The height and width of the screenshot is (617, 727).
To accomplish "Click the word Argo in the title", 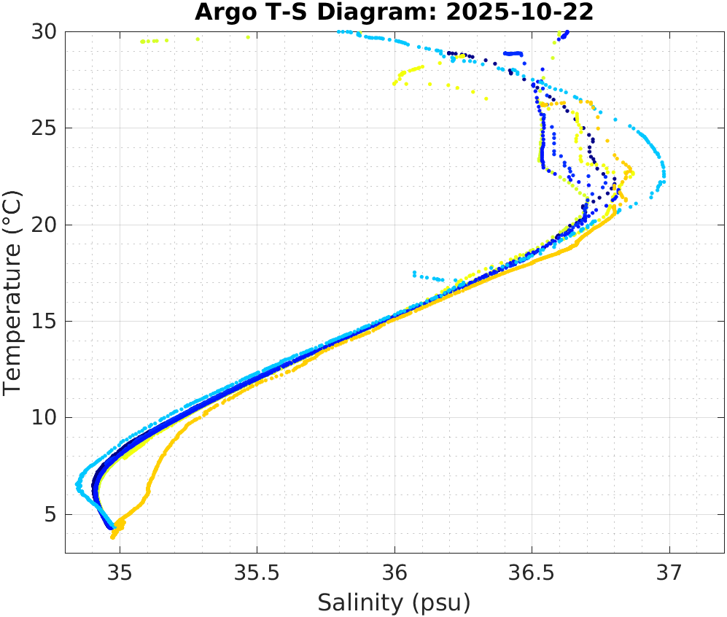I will pyautogui.click(x=220, y=12).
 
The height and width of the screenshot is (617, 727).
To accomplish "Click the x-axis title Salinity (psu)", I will pyautogui.click(x=394, y=602).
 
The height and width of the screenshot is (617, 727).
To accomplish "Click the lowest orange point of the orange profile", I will pyautogui.click(x=113, y=537).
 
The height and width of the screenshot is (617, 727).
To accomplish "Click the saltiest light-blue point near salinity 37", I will pyautogui.click(x=664, y=180).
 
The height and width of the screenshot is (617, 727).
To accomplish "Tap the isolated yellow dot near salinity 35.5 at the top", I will pyautogui.click(x=248, y=37).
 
